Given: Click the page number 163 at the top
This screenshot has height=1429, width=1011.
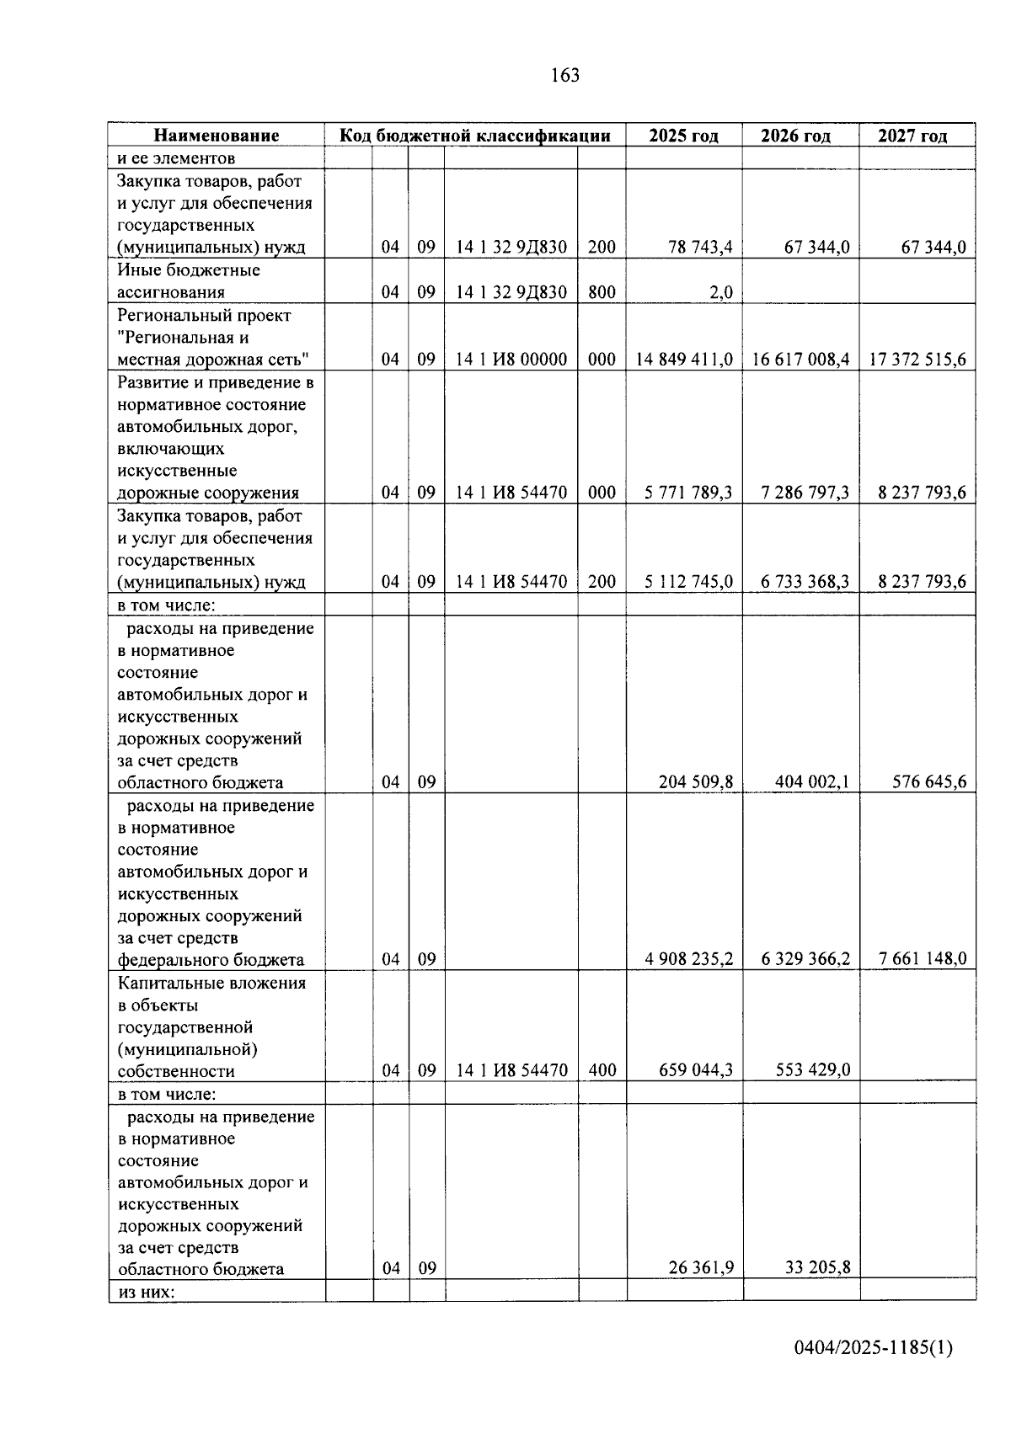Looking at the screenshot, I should click(564, 76).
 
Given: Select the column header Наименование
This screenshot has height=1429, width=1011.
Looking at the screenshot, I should click(216, 136).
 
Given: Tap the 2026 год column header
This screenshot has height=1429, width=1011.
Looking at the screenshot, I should click(795, 136).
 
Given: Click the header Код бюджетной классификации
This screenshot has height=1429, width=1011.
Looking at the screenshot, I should click(474, 136).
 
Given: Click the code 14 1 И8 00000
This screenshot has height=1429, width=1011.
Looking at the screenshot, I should click(511, 360).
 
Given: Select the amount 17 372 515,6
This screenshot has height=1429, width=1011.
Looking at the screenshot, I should click(918, 360).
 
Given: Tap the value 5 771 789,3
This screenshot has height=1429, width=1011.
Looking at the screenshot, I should click(688, 493).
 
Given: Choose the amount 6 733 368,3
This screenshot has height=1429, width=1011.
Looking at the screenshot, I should click(805, 582).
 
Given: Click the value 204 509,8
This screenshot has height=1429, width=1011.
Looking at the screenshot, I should click(695, 782).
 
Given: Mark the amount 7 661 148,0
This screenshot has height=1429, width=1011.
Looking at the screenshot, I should click(923, 959).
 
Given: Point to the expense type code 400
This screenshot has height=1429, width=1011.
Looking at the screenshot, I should click(602, 1071).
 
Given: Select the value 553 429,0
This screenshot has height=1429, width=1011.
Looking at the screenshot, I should click(812, 1071).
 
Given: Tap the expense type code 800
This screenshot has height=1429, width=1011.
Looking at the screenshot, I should click(602, 293).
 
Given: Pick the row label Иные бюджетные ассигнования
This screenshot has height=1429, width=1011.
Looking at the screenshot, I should click(189, 281).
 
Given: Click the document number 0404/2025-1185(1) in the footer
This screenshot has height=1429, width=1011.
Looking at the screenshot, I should click(873, 1349).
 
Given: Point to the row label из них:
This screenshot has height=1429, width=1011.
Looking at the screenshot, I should click(146, 1291).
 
